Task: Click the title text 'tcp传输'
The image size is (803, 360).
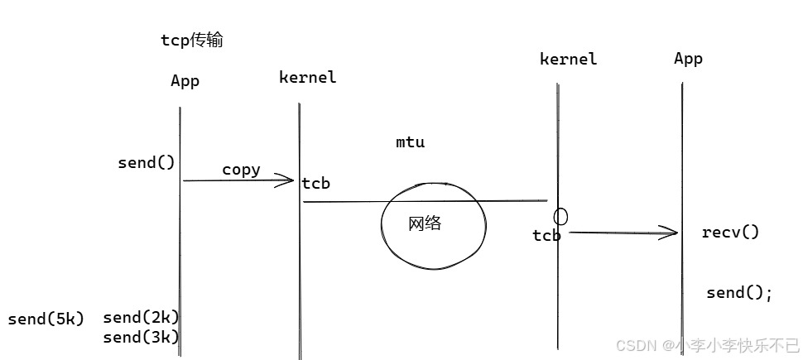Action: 191,41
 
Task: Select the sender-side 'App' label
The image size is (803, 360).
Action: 185,80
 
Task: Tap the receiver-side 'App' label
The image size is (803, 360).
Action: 688,58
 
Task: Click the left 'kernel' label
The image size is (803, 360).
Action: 307,77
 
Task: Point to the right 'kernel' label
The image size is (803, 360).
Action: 568,59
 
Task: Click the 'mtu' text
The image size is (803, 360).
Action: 410,142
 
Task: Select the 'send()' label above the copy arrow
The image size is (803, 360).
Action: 147,162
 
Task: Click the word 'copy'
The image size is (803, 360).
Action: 241,170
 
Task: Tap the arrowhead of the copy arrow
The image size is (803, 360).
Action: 290,180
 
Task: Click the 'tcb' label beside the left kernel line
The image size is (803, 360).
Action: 316,184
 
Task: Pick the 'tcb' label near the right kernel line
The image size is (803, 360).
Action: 546,236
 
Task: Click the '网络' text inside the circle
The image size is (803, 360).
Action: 425,223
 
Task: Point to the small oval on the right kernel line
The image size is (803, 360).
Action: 560,217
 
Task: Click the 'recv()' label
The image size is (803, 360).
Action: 730,232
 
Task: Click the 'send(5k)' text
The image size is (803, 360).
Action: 46,319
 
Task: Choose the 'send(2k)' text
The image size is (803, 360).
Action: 141,317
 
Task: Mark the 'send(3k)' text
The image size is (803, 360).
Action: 141,337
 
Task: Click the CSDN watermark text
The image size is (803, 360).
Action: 708,344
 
